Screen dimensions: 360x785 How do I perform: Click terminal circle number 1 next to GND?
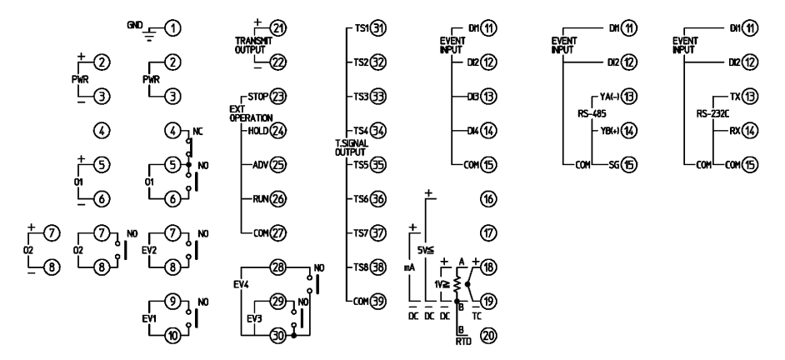pyautogui.click(x=173, y=29)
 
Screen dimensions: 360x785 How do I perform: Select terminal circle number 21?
pyautogui.click(x=278, y=29)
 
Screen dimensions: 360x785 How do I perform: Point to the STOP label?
pyautogui.click(x=258, y=97)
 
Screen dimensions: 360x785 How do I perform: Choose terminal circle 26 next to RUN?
pyautogui.click(x=278, y=199)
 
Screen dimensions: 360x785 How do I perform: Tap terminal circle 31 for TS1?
pyautogui.click(x=378, y=29)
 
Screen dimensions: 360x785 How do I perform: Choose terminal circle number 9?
pyautogui.click(x=173, y=302)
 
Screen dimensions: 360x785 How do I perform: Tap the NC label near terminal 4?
pyautogui.click(x=197, y=131)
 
